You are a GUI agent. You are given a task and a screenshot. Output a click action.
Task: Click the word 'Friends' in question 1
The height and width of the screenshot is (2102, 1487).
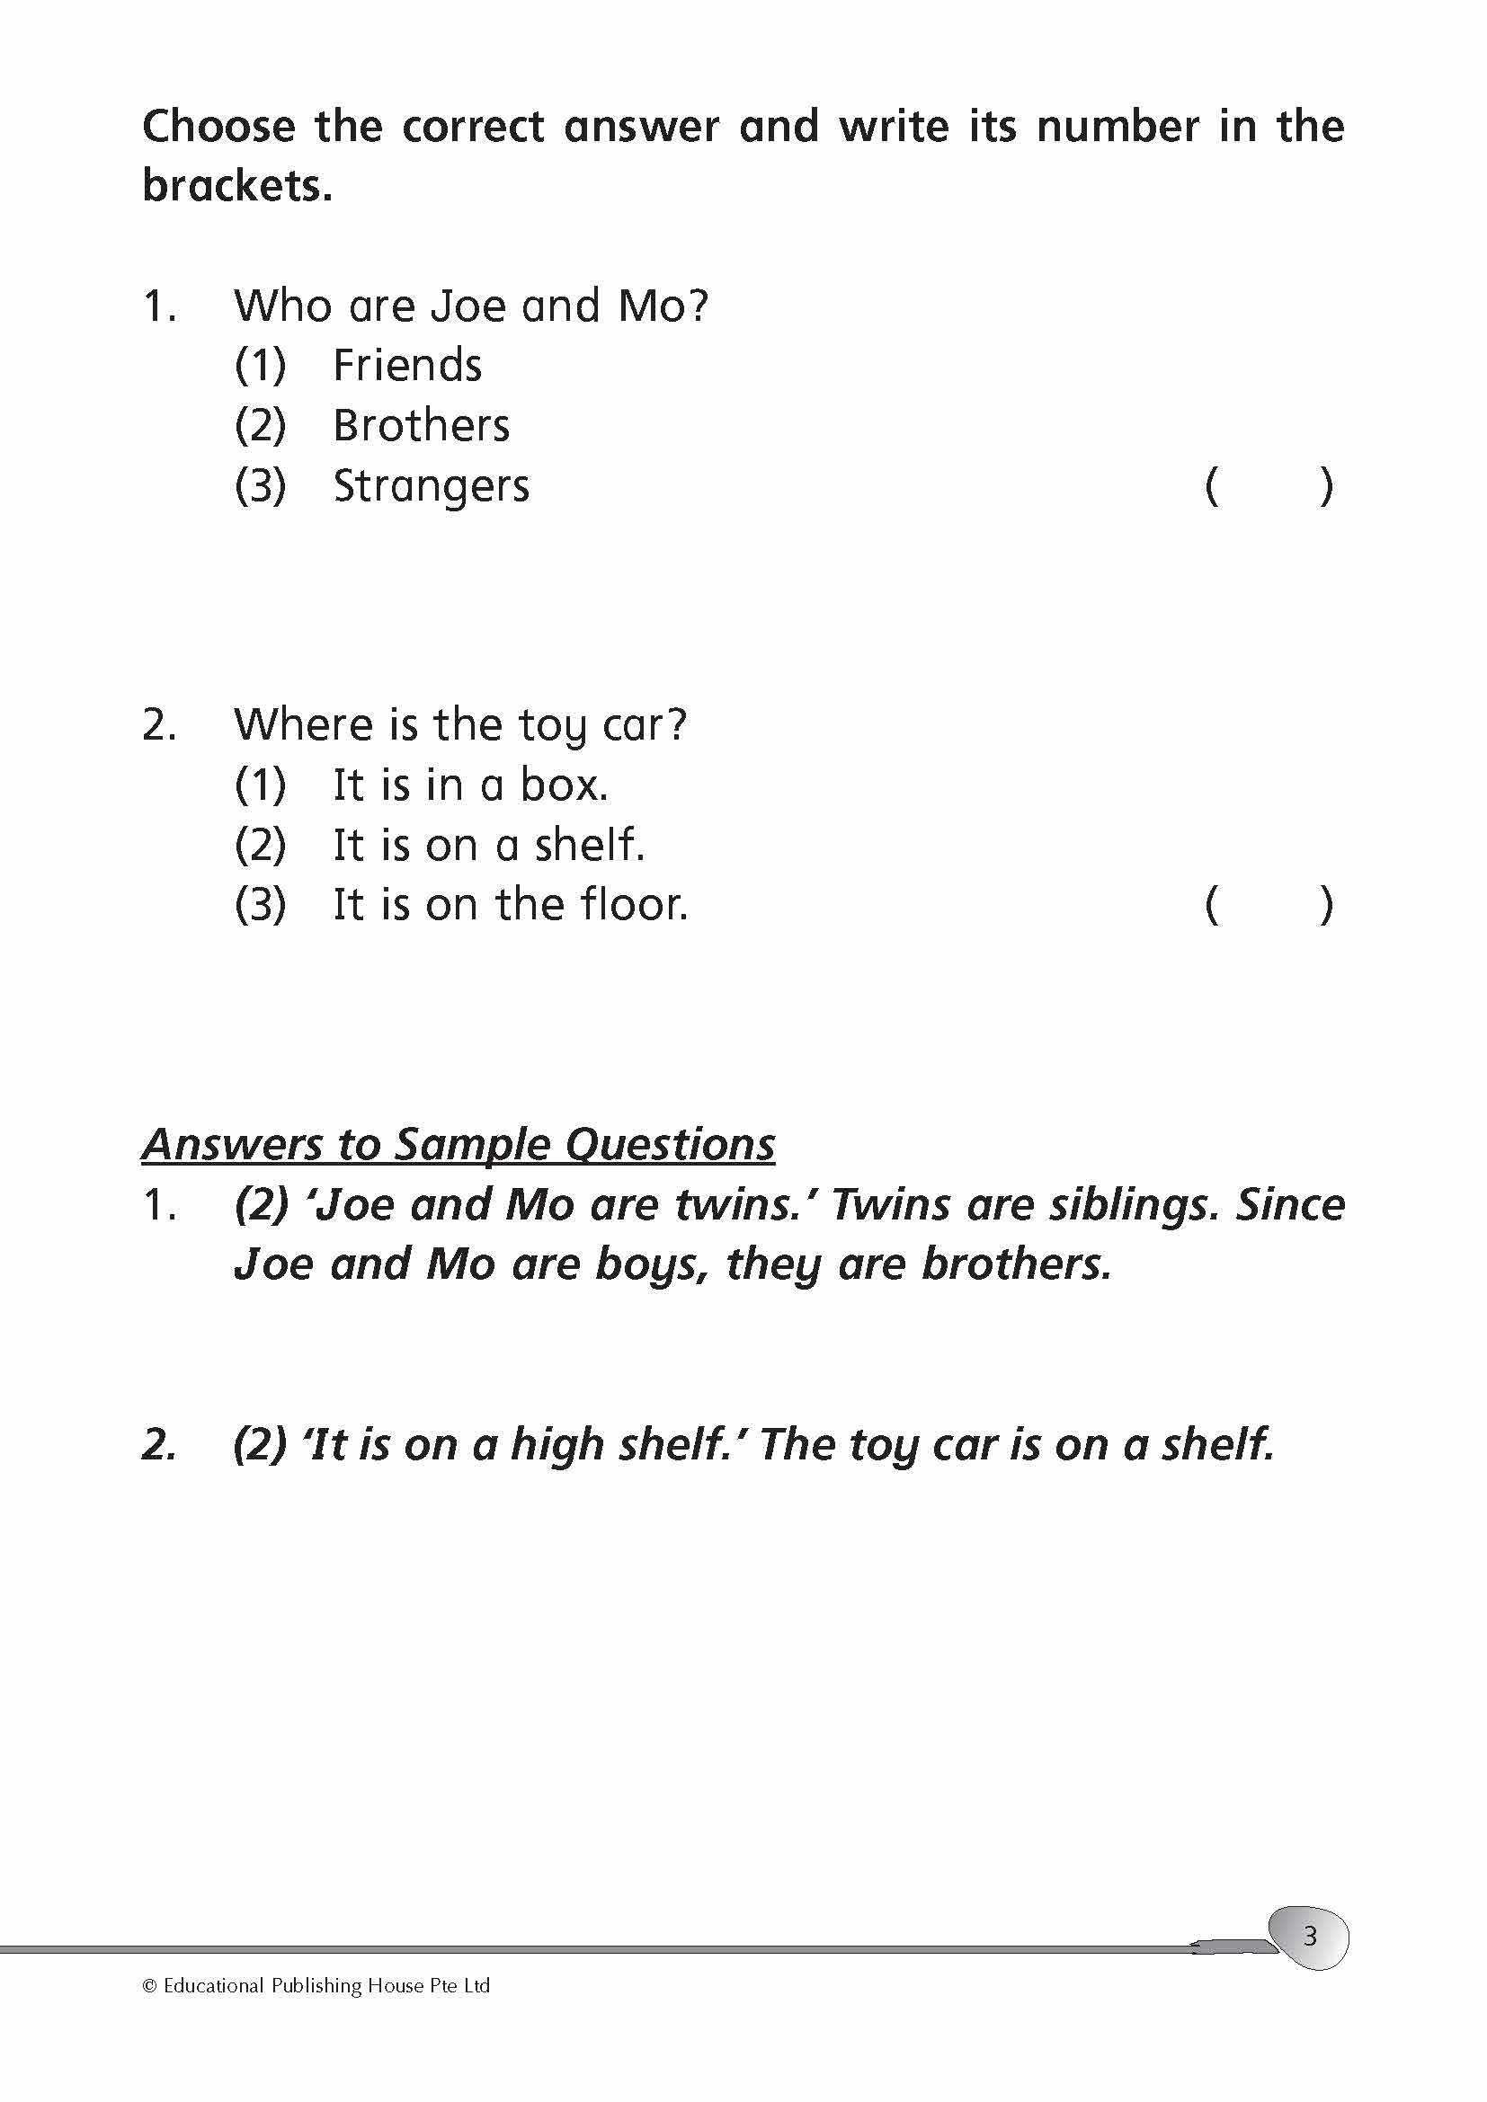tap(406, 365)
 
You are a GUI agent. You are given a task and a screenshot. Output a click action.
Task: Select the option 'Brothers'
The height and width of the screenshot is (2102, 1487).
tap(420, 426)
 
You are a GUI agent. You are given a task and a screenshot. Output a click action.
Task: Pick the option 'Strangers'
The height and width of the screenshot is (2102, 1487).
tap(431, 486)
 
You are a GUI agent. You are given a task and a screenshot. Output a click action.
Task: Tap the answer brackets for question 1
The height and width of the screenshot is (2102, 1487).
tap(1269, 486)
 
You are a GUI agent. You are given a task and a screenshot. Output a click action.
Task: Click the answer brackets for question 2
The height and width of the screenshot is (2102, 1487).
tap(1269, 906)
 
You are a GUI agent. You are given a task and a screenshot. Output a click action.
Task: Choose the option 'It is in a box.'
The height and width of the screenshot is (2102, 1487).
tap(469, 785)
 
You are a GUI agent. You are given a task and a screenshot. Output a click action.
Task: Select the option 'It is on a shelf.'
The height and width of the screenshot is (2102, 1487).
tap(488, 845)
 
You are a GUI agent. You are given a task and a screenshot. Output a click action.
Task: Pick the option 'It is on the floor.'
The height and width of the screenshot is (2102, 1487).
tap(510, 906)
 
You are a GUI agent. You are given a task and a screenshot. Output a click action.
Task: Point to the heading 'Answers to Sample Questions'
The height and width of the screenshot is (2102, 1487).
tap(458, 1144)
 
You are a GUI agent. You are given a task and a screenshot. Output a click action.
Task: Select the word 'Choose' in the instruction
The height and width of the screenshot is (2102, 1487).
tap(218, 127)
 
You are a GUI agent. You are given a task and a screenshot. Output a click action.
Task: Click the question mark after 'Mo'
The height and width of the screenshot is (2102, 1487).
tap(698, 306)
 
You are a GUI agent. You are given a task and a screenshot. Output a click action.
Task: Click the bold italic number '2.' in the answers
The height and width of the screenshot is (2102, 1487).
tap(159, 1445)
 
